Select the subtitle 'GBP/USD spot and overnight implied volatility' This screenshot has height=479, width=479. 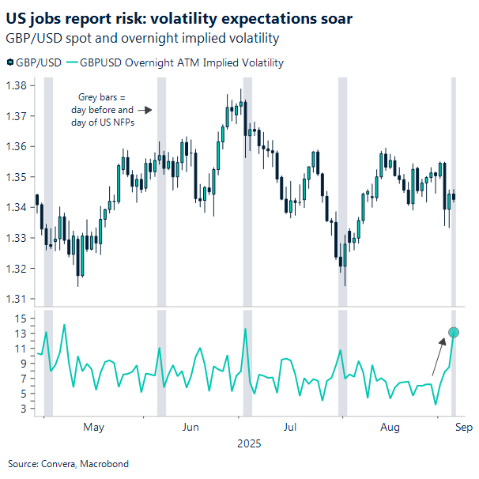click(142, 38)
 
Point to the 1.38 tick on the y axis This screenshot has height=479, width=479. click(17, 85)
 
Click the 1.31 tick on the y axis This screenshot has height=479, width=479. click(17, 299)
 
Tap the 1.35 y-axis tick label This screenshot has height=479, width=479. click(17, 177)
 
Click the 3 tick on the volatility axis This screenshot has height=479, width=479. click(25, 409)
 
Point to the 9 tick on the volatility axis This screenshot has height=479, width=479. click(25, 364)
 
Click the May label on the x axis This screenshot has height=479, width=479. click(93, 428)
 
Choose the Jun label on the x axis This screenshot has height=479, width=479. click(190, 428)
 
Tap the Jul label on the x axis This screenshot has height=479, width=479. click(290, 428)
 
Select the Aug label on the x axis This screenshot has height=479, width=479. click(390, 428)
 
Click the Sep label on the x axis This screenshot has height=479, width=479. click(463, 428)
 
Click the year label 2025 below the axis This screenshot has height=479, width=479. click(249, 444)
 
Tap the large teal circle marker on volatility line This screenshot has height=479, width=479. click(454, 332)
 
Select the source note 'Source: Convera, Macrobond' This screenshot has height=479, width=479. click(68, 464)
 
